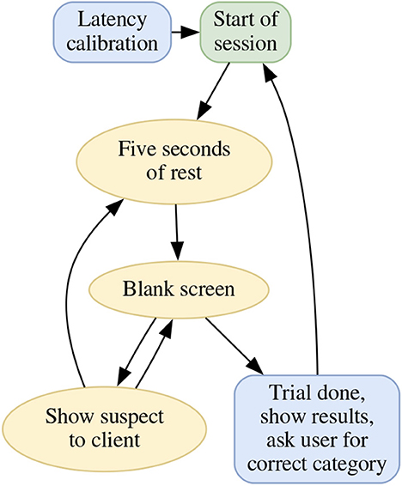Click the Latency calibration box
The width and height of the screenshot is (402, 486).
[113, 32]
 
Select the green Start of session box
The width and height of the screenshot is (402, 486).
[245, 32]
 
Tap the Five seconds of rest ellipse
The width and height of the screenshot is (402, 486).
[174, 161]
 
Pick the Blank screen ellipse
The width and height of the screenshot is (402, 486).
[179, 289]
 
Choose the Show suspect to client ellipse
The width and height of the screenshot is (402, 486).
[105, 429]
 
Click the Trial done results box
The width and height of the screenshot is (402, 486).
[317, 428]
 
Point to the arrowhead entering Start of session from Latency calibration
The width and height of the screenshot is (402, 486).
[191, 32]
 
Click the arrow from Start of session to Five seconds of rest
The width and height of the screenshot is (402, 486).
[213, 91]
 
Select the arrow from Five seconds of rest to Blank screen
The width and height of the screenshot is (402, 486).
[177, 232]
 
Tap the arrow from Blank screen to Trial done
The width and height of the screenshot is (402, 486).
[234, 346]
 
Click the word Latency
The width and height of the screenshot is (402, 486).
[112, 20]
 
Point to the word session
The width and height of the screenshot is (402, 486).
[245, 44]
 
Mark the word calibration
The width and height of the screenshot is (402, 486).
[113, 44]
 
